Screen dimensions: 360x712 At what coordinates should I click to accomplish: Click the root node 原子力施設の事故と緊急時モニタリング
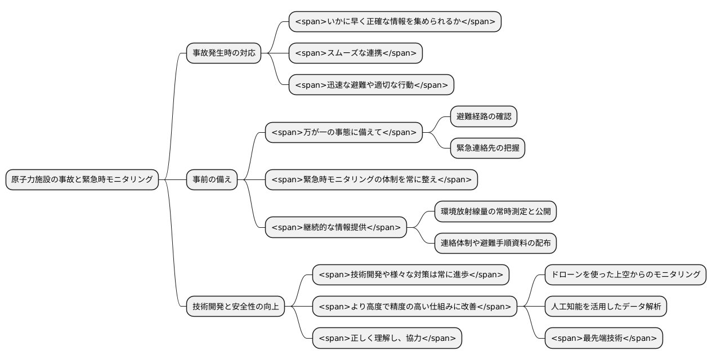[x=82, y=179]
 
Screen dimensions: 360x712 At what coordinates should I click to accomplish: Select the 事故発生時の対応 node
[x=223, y=53]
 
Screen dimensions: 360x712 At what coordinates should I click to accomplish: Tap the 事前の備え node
[x=212, y=179]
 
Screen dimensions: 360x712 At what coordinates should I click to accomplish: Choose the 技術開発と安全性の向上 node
[x=236, y=307]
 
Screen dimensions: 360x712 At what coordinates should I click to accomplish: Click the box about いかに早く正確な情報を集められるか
[x=395, y=22]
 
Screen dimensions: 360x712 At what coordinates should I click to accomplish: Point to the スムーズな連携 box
[x=355, y=53]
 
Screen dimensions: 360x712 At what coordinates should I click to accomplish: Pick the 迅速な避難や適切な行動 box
[x=371, y=85]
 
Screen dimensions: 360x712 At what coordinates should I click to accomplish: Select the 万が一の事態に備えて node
[x=343, y=132]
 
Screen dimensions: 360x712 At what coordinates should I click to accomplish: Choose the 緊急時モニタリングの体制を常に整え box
[x=371, y=179]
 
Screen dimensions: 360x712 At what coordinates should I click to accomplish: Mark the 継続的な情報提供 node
[x=335, y=227]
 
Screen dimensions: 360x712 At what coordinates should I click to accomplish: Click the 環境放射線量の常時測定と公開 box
[x=495, y=211]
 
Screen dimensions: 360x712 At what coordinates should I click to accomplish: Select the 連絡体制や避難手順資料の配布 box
[x=495, y=243]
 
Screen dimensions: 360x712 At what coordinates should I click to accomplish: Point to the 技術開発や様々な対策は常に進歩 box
[x=410, y=274]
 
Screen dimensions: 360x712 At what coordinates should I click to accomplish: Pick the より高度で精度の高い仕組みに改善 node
[x=414, y=307]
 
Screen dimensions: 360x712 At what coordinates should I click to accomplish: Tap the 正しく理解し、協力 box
[x=387, y=338]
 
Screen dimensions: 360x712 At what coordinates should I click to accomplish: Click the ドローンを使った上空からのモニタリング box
[x=625, y=274]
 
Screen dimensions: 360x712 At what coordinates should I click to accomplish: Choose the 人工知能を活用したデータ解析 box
[x=606, y=307]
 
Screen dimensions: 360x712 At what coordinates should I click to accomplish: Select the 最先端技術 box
[x=603, y=338]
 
